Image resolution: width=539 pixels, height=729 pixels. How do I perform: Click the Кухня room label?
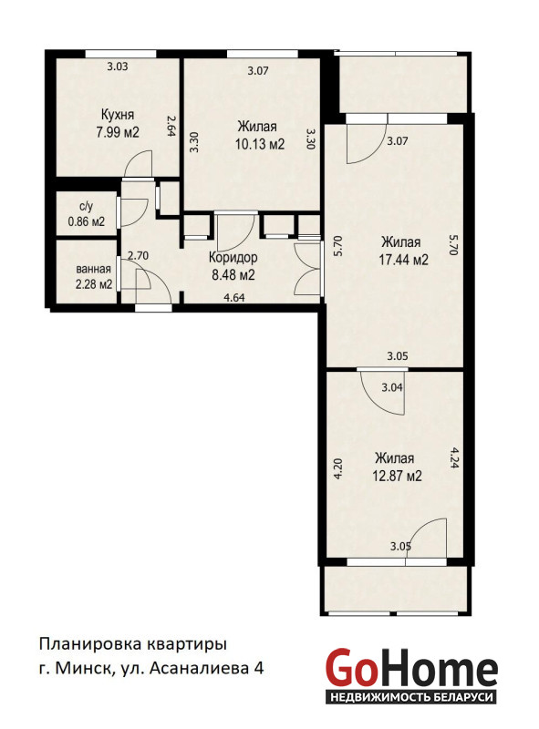click(118, 115)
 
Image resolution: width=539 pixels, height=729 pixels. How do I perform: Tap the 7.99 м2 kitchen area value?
click(118, 132)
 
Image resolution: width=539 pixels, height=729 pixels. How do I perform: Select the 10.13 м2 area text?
click(259, 144)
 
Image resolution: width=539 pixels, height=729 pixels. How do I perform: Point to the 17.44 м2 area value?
click(403, 260)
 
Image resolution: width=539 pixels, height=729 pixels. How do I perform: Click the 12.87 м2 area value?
click(397, 476)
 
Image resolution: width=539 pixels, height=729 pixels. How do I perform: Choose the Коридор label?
click(233, 257)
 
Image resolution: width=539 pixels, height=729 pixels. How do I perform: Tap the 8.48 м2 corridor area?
click(233, 275)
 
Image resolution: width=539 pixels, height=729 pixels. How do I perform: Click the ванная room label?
click(94, 269)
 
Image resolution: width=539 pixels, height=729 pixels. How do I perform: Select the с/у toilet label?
click(86, 207)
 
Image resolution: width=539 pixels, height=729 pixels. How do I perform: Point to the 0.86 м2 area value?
click(87, 221)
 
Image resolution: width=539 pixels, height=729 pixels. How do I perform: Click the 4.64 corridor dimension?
click(234, 298)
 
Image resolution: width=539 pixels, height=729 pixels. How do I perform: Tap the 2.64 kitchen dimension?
click(170, 127)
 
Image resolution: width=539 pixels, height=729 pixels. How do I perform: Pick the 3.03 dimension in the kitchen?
click(118, 67)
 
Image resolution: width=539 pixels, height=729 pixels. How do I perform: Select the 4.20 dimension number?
click(338, 468)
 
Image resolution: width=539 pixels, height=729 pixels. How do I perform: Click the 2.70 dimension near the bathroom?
click(138, 255)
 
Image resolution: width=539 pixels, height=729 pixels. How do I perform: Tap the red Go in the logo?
click(349, 668)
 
